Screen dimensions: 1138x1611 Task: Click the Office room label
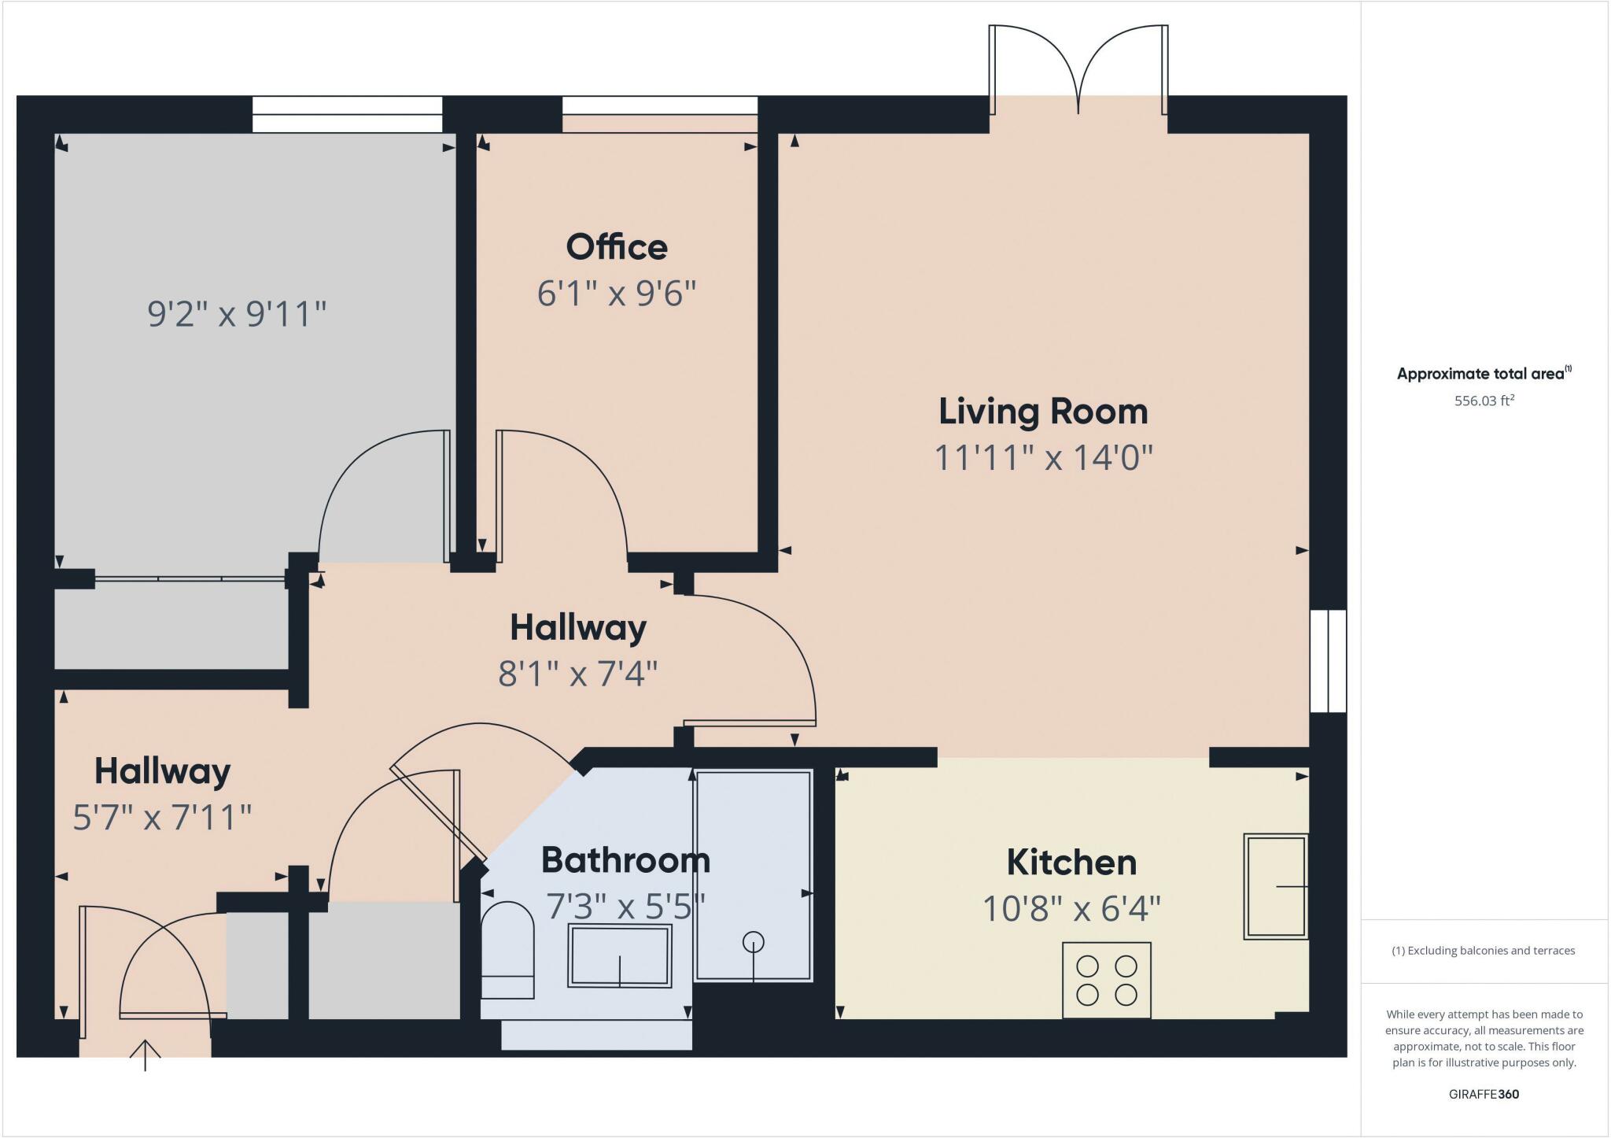pyautogui.click(x=617, y=247)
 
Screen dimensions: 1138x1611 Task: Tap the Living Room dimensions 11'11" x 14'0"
pyautogui.click(x=1043, y=457)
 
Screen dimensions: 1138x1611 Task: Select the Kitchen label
pyautogui.click(x=1071, y=863)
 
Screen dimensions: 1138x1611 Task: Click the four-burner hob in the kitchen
pyautogui.click(x=1106, y=980)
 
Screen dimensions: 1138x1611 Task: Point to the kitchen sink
pyautogui.click(x=1275, y=886)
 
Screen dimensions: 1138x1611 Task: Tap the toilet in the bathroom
pyautogui.click(x=507, y=950)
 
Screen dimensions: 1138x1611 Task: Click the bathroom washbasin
pyautogui.click(x=620, y=955)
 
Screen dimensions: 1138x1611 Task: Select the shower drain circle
pyautogui.click(x=754, y=941)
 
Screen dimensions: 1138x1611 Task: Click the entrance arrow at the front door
pyautogui.click(x=145, y=1055)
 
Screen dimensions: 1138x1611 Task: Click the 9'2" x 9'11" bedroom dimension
pyautogui.click(x=237, y=314)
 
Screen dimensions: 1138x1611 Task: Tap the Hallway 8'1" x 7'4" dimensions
pyautogui.click(x=577, y=674)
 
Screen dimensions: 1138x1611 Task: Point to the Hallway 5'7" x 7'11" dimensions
pyautogui.click(x=162, y=818)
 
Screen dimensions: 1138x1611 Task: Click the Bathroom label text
pyautogui.click(x=625, y=860)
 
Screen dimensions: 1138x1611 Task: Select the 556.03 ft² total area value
pyautogui.click(x=1484, y=401)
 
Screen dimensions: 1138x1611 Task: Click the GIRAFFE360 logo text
pyautogui.click(x=1484, y=1094)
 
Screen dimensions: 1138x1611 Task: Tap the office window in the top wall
pyautogui.click(x=659, y=105)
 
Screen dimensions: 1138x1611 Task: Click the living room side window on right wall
pyautogui.click(x=1328, y=661)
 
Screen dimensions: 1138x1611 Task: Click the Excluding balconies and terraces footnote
pyautogui.click(x=1484, y=951)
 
